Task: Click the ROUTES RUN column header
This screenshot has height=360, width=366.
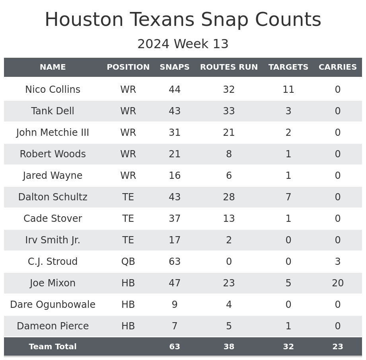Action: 229,67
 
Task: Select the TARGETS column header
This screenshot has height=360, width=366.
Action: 288,67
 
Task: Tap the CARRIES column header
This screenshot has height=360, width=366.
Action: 338,67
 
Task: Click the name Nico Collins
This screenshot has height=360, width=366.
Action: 53,90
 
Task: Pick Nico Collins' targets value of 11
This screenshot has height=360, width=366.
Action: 288,90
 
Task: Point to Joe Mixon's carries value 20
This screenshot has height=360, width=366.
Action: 338,283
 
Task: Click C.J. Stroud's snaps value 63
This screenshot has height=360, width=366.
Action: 175,262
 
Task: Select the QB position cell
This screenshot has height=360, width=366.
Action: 128,262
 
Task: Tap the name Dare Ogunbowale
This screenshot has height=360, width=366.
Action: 53,305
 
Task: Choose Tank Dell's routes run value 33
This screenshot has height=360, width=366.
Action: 229,111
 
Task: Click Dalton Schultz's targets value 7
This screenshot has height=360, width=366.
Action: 288,197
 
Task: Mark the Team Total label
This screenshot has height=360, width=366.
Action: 53,347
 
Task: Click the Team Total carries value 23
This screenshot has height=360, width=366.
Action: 338,347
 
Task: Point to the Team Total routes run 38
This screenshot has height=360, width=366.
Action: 229,347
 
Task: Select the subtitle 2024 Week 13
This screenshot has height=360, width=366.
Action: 183,44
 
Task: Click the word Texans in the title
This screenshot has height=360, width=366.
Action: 164,20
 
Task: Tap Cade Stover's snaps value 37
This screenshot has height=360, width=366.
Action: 175,219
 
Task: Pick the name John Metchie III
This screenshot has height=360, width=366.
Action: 53,133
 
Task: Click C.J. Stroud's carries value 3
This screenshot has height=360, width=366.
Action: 338,262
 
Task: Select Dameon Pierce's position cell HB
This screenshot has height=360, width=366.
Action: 128,326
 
